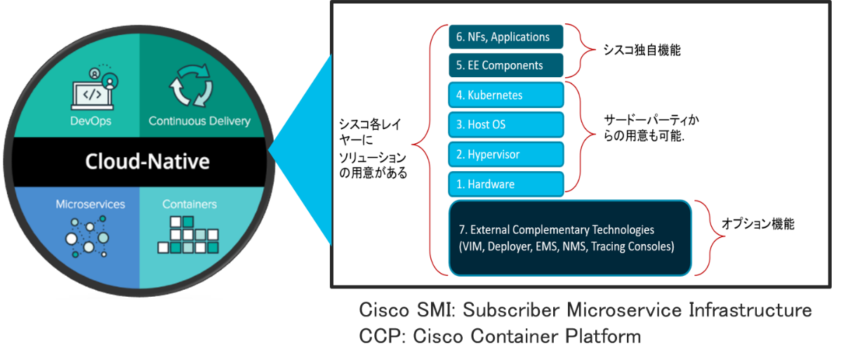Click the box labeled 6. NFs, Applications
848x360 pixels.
[x=505, y=37]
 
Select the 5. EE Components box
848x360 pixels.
[x=505, y=65]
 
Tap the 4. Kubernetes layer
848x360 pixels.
[x=505, y=95]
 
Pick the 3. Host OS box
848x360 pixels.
[x=505, y=124]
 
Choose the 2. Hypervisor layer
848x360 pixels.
[x=505, y=154]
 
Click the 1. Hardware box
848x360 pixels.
[x=505, y=184]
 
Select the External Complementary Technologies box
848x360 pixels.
[x=571, y=238]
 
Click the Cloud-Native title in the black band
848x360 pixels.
[x=147, y=161]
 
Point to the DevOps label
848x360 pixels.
[x=91, y=121]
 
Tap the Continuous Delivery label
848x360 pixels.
[x=199, y=121]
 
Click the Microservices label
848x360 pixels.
[x=91, y=204]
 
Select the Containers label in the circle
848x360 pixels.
[x=190, y=204]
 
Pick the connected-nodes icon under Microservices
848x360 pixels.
[x=88, y=237]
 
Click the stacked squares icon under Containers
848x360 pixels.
[x=188, y=236]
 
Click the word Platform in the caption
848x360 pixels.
[x=603, y=335]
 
